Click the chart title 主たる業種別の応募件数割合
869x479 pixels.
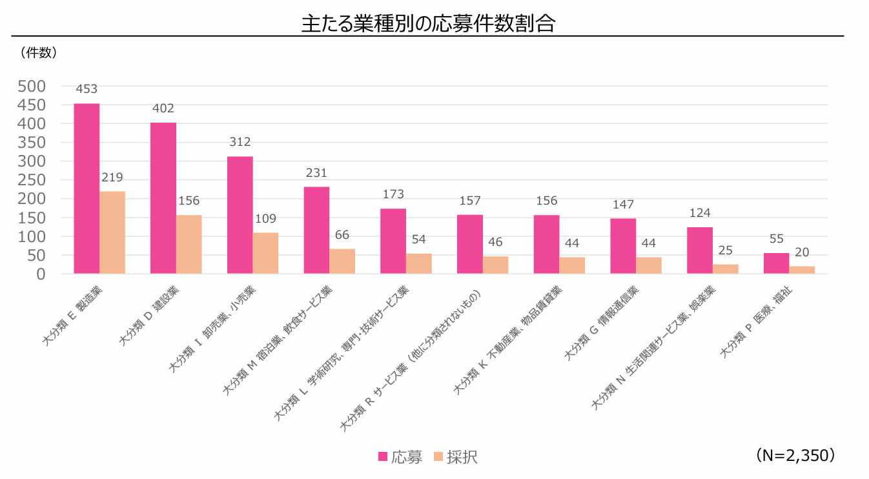[x=429, y=24]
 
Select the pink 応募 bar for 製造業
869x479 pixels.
[x=87, y=189]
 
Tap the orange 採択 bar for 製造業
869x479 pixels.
[x=112, y=232]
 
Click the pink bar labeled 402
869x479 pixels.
[x=163, y=198]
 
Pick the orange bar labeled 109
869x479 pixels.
[x=265, y=253]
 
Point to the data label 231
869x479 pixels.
[x=316, y=173]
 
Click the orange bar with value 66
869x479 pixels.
[x=342, y=261]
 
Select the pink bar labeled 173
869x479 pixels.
[x=393, y=241]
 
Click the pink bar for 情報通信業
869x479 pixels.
[x=623, y=246]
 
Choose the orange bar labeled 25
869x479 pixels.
[x=726, y=269]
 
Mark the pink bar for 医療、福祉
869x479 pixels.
[x=776, y=263]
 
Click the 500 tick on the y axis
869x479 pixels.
[x=32, y=86]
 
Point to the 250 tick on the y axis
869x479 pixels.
[x=32, y=180]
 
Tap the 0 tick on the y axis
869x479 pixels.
[x=41, y=274]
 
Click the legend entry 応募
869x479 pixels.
[x=400, y=457]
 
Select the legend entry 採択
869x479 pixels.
[x=455, y=457]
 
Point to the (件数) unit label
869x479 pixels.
[x=39, y=53]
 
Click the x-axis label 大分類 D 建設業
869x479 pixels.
[x=150, y=316]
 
